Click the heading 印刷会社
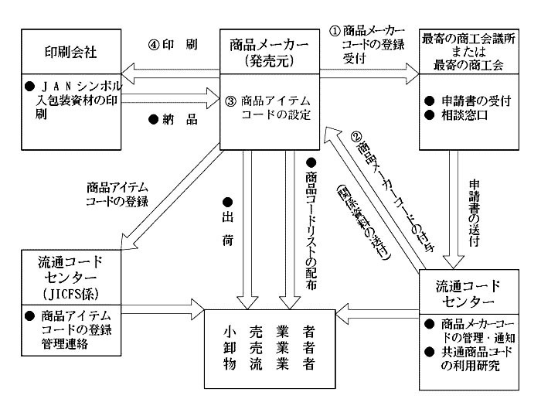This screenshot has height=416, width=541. pos(71,53)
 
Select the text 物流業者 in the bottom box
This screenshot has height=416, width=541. pos(270,363)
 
